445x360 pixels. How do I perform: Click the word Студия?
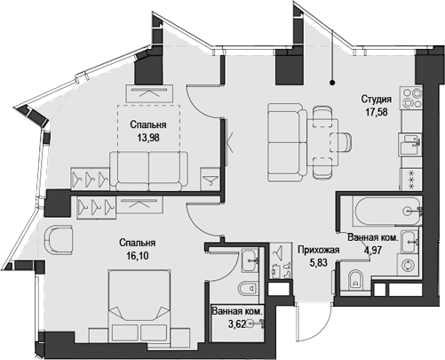[x=377, y=99]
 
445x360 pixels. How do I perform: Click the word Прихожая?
[x=318, y=252]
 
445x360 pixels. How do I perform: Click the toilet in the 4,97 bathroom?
[x=354, y=284]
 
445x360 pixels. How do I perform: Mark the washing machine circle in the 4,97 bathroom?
[x=409, y=265]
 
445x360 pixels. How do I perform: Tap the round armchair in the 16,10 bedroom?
[x=60, y=242]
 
